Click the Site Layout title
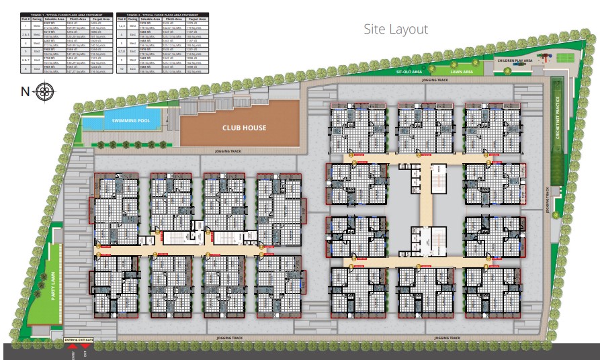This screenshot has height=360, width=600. [x=395, y=30]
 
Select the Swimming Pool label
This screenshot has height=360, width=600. [x=131, y=121]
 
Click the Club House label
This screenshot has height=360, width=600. [x=245, y=128]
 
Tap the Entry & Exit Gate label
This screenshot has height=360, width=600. [x=79, y=341]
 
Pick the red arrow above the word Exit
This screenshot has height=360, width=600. [x=85, y=347]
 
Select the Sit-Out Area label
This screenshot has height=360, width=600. [x=409, y=71]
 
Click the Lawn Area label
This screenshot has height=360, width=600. [x=462, y=71]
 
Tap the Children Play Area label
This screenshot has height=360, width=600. [x=515, y=60]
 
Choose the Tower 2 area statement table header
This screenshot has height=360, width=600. [x=162, y=14]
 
